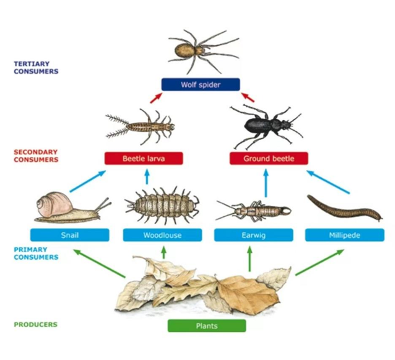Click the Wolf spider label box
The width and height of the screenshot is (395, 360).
(199, 84)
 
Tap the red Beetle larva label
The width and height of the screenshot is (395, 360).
(144, 158)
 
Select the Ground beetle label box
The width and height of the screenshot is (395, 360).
(269, 158)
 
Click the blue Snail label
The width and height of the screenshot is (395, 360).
(69, 235)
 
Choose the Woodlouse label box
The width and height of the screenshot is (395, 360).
(162, 235)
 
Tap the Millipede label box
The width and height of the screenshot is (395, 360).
(344, 235)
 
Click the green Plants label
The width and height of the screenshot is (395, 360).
(207, 325)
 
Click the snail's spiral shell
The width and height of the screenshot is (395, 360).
(50, 204)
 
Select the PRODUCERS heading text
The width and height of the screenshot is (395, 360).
(35, 324)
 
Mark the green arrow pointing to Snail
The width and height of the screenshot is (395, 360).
(99, 263)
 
